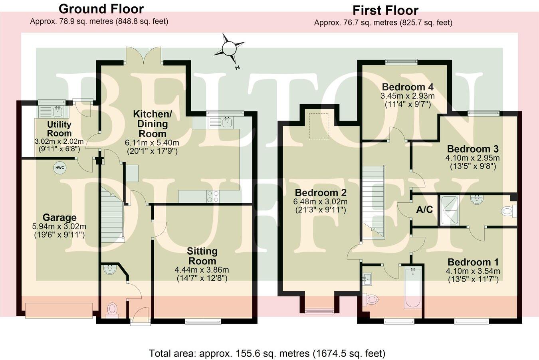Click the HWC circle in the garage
tap(59, 168)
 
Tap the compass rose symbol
tap(229, 49)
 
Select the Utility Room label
tap(59, 129)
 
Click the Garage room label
tap(59, 218)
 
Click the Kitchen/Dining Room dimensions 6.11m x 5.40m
tap(152, 143)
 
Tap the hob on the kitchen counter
tap(213, 196)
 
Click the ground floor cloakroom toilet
tap(113, 309)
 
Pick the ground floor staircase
tap(112, 216)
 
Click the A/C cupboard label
tap(424, 210)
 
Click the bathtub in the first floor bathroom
tap(412, 287)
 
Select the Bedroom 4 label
tap(407, 87)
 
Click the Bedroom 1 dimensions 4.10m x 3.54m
tap(473, 271)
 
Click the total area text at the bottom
tap(267, 353)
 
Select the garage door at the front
tap(59, 310)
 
